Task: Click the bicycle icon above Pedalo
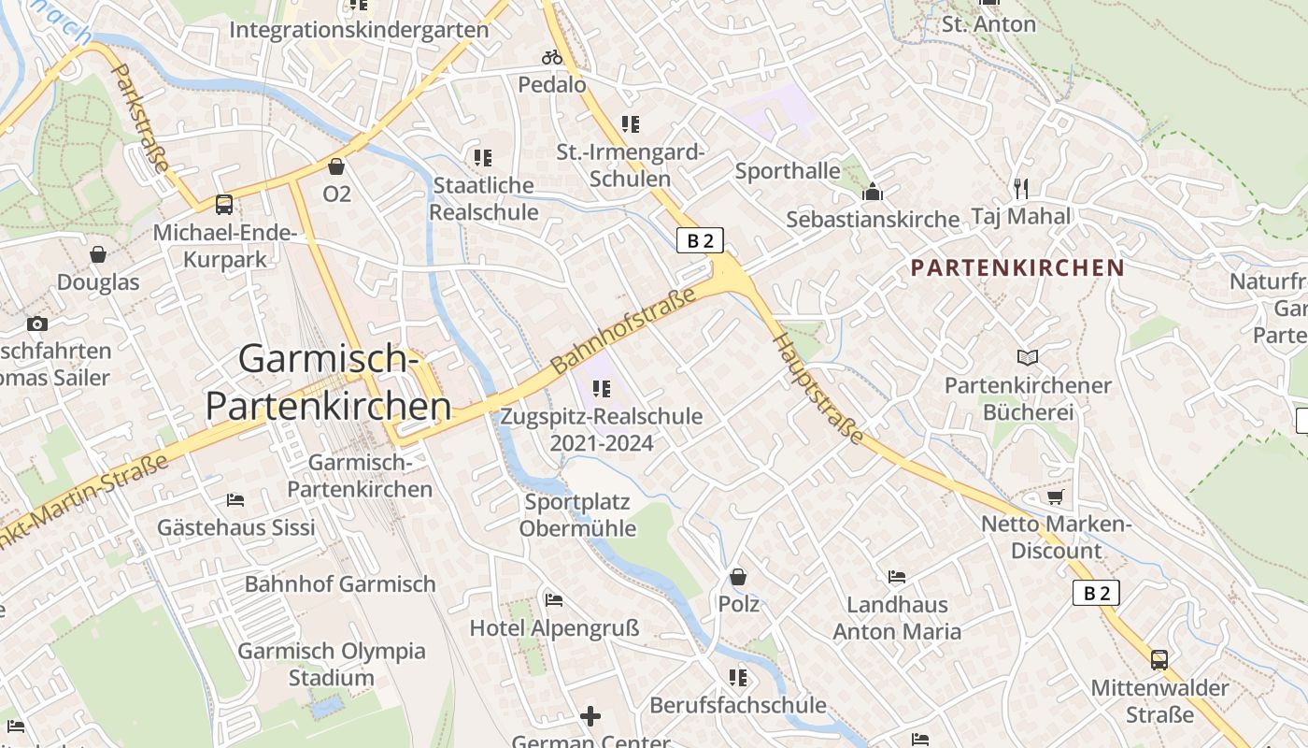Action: (x=552, y=57)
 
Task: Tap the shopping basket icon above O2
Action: (x=336, y=166)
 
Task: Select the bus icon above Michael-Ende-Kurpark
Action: (x=224, y=204)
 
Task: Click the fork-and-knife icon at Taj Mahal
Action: (x=1020, y=189)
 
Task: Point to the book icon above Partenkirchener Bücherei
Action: (x=1028, y=357)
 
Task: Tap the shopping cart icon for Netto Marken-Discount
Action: (x=1056, y=496)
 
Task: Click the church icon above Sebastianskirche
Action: (x=873, y=192)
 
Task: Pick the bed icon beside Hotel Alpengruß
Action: (x=554, y=599)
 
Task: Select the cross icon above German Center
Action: (x=590, y=717)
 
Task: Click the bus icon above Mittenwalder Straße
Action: (x=1159, y=659)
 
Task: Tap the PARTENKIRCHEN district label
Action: (x=1017, y=268)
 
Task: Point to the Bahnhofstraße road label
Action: (x=624, y=331)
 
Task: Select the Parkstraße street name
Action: (x=140, y=118)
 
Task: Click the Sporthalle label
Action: (x=788, y=171)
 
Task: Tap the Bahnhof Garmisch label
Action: (x=340, y=584)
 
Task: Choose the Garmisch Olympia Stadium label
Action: (x=332, y=664)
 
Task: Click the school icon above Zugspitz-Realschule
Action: (x=602, y=388)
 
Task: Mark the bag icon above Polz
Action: (x=738, y=577)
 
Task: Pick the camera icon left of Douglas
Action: (x=37, y=324)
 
